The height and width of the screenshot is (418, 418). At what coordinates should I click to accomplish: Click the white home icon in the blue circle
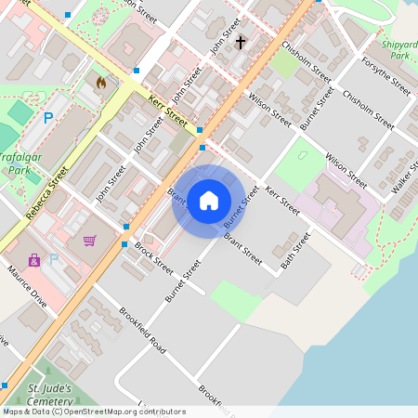[x=209, y=200]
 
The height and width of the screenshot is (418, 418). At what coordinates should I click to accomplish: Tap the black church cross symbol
[x=241, y=42]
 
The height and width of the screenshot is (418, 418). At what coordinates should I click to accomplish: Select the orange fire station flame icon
[x=100, y=82]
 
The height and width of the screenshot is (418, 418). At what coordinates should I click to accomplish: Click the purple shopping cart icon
[x=89, y=241]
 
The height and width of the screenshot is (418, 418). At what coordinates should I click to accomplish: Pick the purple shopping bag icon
[x=34, y=260]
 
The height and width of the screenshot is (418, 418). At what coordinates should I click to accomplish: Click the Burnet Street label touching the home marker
[x=241, y=208]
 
